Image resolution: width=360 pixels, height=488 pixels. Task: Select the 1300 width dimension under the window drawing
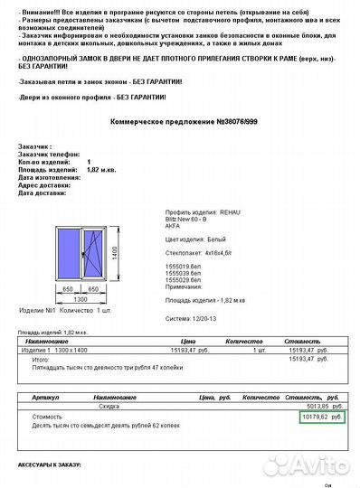81,298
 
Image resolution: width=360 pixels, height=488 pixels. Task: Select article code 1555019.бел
185,267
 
